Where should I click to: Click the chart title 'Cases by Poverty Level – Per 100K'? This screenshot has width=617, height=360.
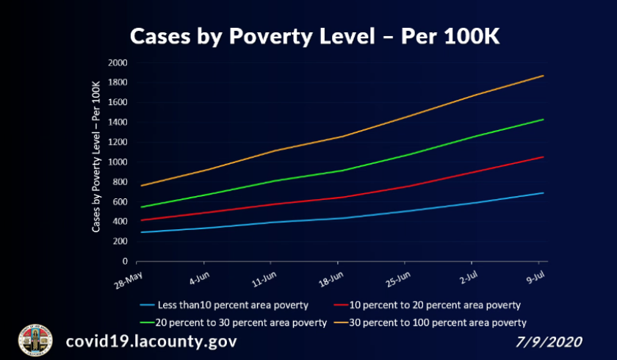pos(315,36)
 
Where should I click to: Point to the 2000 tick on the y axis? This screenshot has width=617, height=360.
pos(118,62)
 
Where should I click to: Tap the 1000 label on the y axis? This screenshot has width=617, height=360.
pos(118,162)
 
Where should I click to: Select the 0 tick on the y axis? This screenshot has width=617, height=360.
pos(124,261)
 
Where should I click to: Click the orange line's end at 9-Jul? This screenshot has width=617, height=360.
pos(543,76)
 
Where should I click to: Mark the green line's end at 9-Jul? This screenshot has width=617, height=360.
pos(543,119)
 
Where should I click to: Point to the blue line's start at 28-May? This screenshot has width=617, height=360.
pos(140,232)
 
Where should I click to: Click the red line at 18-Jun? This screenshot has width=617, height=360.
pos(339,197)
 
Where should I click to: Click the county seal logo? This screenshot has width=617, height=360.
pos(35,341)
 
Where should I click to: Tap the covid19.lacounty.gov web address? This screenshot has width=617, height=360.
pos(151,342)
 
